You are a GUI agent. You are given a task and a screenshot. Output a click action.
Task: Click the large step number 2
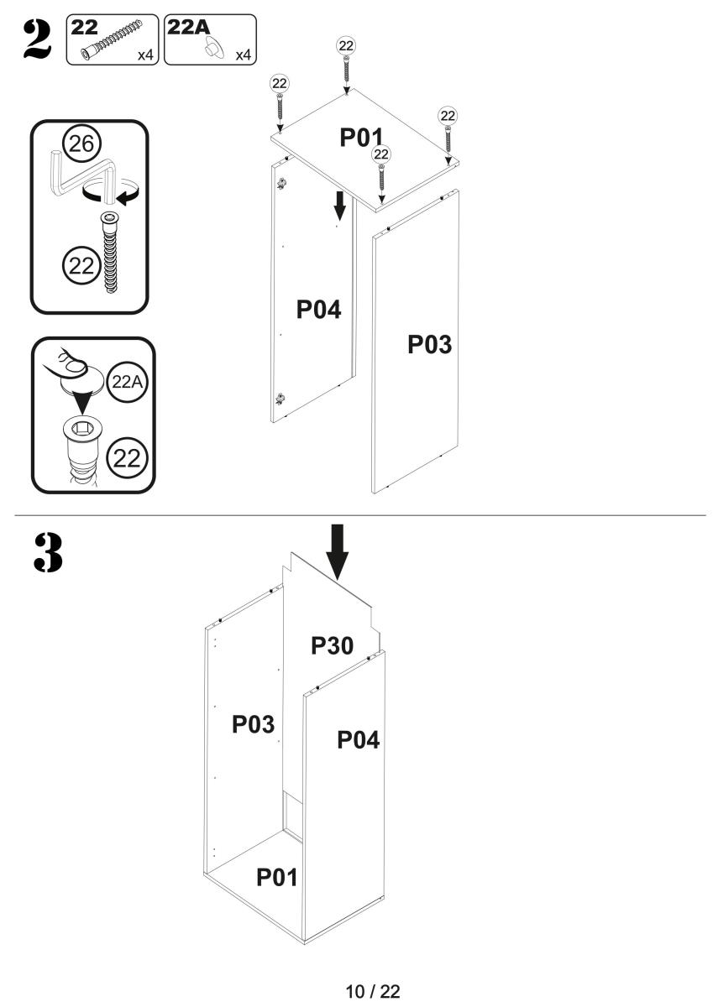coord(38,39)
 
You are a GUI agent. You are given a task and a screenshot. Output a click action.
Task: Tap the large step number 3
coord(48,552)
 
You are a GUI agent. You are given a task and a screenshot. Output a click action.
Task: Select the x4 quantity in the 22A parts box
coord(244,55)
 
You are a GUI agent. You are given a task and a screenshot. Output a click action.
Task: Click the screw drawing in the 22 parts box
coord(112,39)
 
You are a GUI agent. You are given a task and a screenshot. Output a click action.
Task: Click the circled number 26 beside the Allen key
coord(81,143)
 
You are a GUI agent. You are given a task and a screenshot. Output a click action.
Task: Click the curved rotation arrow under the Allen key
coord(111,193)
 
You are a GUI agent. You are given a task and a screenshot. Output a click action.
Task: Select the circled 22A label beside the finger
coord(128,382)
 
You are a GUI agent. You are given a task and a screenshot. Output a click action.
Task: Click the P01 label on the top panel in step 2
coord(361,137)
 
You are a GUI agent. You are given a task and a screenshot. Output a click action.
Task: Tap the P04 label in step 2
coord(318,310)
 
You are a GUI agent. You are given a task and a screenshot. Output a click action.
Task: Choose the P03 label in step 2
coord(430,344)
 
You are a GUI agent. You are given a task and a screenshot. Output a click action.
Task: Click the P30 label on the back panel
coord(332,645)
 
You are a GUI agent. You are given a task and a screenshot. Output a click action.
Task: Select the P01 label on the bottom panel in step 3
coord(276,877)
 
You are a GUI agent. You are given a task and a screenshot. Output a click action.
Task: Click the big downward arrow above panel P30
coord(337,552)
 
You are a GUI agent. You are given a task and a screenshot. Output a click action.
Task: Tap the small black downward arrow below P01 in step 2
coord(340,206)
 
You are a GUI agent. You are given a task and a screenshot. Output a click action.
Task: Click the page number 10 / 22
coord(373,991)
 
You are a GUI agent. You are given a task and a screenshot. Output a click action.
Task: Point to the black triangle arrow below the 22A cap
coord(81,403)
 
